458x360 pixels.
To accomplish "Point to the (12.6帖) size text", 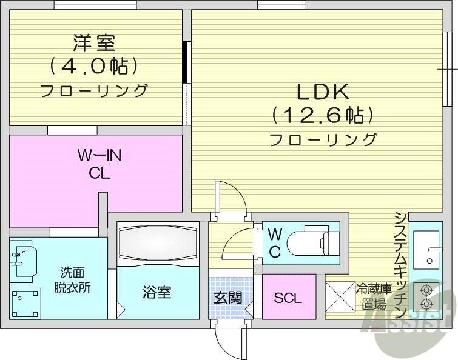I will click(322, 114).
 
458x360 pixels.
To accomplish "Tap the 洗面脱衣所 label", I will click(75, 281).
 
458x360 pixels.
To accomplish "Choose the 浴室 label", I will click(157, 293).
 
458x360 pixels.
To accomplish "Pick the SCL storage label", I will click(288, 298).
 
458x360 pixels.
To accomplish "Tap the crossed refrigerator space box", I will click(340, 296).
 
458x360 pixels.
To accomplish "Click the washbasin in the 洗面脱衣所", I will click(22, 259).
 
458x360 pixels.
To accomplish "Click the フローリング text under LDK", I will click(322, 140).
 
